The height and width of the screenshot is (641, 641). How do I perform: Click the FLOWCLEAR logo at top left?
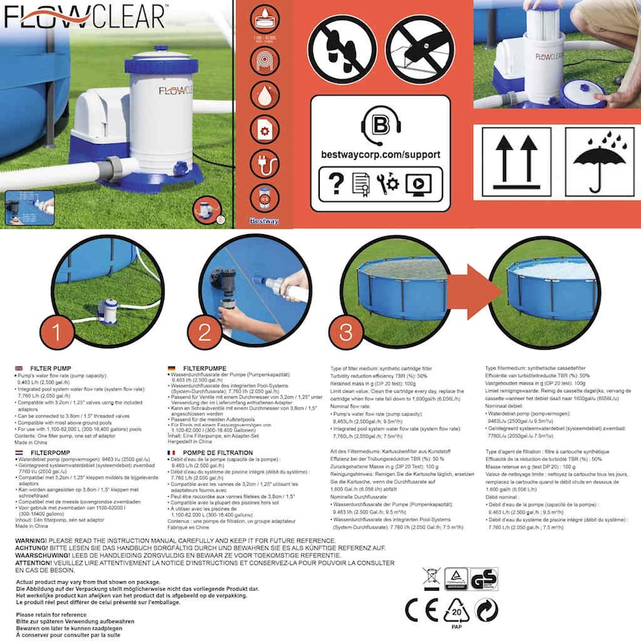[x=84, y=16]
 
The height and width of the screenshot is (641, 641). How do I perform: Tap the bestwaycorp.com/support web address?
[x=380, y=155]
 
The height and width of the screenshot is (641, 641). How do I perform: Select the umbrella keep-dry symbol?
[x=598, y=160]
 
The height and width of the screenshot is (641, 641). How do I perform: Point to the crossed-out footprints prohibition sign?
[x=342, y=49]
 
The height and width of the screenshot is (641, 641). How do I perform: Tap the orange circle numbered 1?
[x=56, y=332]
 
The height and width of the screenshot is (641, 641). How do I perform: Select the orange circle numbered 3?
[x=346, y=332]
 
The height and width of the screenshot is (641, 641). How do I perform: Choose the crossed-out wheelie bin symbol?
[x=431, y=579]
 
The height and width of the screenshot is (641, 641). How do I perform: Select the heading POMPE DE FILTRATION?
[x=210, y=453]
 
